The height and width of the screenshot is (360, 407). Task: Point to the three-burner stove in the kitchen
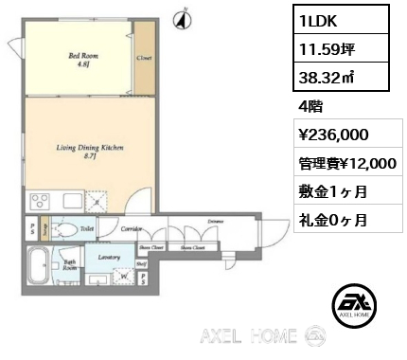point(44,201)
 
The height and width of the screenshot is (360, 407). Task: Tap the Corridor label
point(132,228)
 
